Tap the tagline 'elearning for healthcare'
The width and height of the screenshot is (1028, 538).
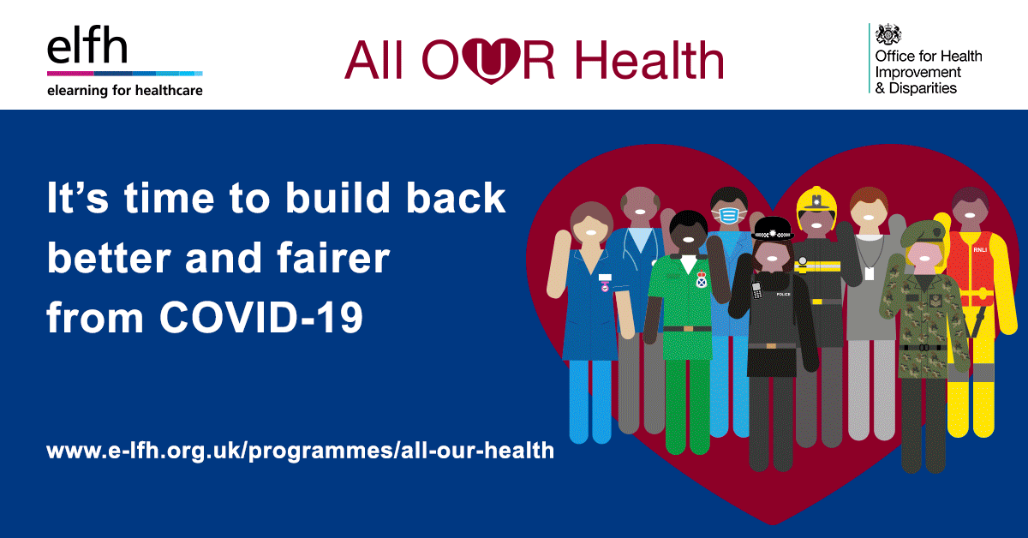(x=125, y=91)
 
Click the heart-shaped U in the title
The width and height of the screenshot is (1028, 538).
(x=491, y=61)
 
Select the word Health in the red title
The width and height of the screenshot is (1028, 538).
(x=649, y=60)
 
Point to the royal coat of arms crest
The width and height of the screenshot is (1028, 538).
(x=888, y=34)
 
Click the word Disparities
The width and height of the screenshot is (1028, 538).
(x=923, y=88)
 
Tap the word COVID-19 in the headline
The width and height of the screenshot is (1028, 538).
(x=261, y=317)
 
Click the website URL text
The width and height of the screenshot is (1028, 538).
(x=300, y=451)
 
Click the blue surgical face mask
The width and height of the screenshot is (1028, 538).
(x=728, y=215)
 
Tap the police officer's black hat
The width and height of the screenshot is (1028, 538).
(x=773, y=229)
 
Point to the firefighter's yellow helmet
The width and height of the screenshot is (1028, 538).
(x=816, y=205)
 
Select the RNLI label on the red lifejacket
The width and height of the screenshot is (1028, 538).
(x=980, y=249)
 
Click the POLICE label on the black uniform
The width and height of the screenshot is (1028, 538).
(x=783, y=294)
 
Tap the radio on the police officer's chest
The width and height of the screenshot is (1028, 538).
(x=756, y=290)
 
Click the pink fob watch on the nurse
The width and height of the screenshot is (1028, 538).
(x=605, y=286)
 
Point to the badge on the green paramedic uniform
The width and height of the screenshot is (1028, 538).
(x=702, y=279)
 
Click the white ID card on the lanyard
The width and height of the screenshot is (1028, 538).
(x=870, y=273)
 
